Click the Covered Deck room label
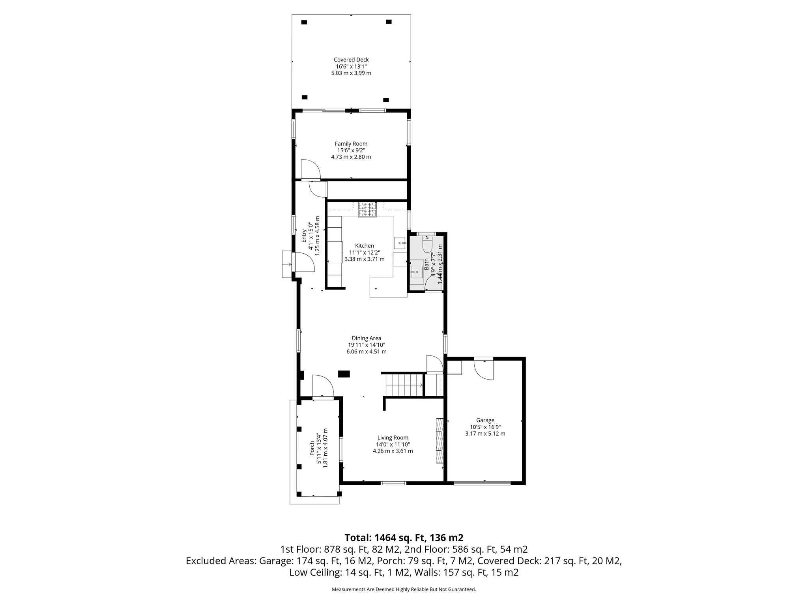[x=351, y=60]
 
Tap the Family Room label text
[x=351, y=144]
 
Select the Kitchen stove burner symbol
[x=367, y=209]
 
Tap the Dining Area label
[x=366, y=338]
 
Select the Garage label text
[x=485, y=420]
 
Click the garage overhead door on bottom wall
[x=482, y=483]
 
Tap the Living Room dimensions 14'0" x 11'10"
[x=393, y=444]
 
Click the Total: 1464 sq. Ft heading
[x=404, y=537]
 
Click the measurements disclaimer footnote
[x=404, y=589]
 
